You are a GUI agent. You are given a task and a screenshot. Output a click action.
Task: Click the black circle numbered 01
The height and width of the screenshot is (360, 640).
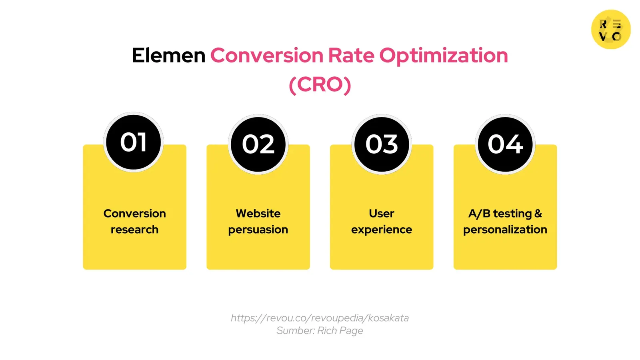click(x=134, y=142)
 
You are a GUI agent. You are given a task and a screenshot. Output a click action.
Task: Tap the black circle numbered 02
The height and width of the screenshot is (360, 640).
click(x=258, y=144)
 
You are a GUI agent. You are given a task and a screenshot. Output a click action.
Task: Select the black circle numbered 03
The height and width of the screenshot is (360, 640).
click(x=382, y=144)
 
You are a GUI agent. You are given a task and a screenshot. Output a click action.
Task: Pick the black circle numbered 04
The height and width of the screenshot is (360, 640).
click(x=505, y=144)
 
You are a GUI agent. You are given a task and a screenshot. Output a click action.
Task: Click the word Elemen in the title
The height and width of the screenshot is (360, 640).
click(x=168, y=55)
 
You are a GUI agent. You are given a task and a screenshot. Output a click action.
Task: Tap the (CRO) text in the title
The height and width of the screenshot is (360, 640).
click(x=320, y=84)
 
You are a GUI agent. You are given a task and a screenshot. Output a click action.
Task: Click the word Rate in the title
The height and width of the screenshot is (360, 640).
click(x=351, y=55)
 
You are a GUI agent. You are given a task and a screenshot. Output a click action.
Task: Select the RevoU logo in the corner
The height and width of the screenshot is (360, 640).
click(x=611, y=30)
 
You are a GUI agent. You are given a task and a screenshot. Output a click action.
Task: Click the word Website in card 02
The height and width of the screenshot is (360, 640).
click(x=258, y=214)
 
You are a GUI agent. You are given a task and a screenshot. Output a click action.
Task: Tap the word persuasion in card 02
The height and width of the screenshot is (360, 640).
click(x=258, y=230)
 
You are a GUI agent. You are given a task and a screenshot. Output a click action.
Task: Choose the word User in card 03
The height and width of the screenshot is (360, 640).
click(x=382, y=214)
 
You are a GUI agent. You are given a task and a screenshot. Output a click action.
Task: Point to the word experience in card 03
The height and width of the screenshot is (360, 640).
click(x=382, y=230)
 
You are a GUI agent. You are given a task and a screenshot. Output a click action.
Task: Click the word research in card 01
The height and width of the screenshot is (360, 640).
click(x=134, y=230)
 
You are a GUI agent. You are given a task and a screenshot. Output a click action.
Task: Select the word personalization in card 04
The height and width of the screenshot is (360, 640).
click(x=505, y=230)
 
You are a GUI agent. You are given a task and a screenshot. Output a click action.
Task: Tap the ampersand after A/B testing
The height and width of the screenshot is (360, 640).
click(x=538, y=214)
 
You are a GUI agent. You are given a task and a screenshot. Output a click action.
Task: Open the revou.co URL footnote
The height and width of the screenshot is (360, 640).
click(x=320, y=318)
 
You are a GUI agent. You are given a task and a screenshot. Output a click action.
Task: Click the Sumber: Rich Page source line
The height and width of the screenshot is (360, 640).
click(x=320, y=330)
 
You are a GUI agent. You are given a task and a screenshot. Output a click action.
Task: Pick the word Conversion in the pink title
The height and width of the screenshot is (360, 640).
click(x=267, y=55)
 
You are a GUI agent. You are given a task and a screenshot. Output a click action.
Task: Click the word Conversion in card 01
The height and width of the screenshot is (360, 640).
click(x=134, y=214)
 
